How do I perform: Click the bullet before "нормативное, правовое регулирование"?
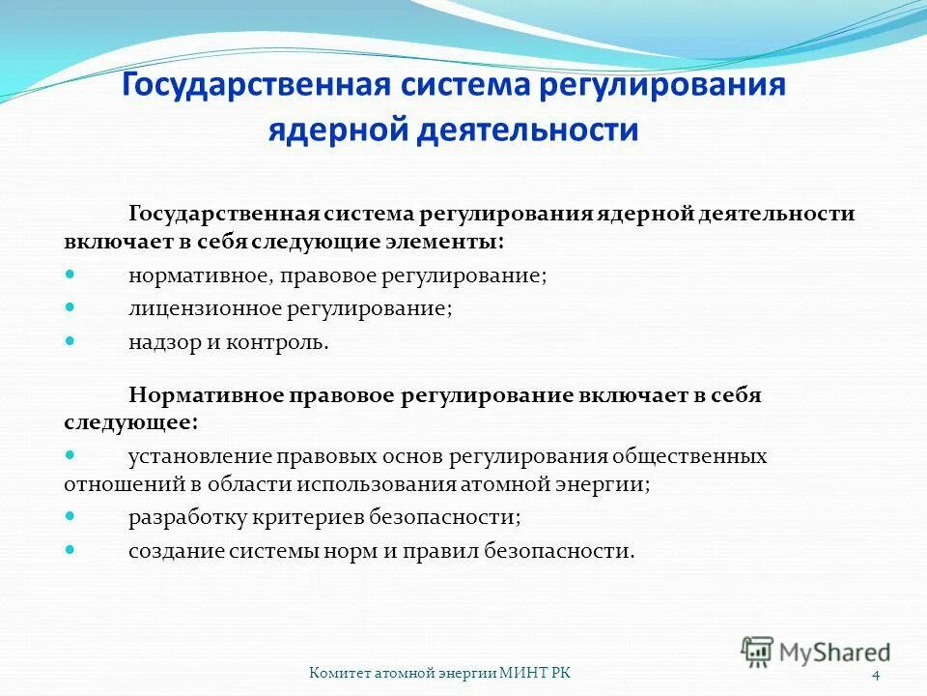click(70, 275)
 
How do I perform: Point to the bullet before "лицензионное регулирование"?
click(70, 307)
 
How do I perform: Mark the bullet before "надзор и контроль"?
click(70, 341)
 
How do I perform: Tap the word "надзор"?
click(159, 342)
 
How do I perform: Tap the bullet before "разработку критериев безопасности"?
click(70, 516)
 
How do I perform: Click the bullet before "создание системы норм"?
click(70, 549)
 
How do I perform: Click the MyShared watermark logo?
click(816, 652)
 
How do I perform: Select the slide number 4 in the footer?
click(875, 674)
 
